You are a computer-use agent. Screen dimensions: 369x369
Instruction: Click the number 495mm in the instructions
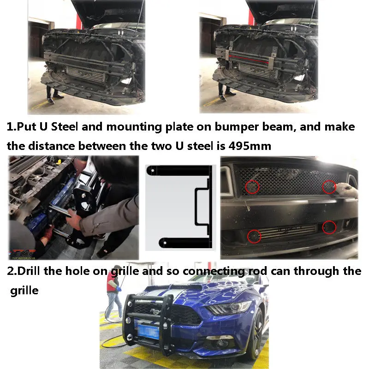pos(250,146)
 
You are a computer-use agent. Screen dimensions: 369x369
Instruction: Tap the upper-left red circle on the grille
pos(252,187)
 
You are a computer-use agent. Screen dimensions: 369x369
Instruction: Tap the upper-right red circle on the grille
pos(329,187)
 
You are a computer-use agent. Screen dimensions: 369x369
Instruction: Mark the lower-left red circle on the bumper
pos(254,236)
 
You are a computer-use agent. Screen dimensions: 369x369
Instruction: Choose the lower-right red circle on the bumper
pos(329,227)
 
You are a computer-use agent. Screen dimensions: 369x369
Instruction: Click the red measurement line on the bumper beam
pos(249,59)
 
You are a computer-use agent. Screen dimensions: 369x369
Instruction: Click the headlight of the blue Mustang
pos(228,307)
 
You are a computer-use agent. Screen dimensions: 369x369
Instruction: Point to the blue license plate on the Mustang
pos(148,331)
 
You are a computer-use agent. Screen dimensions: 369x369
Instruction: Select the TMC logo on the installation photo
pos(23,254)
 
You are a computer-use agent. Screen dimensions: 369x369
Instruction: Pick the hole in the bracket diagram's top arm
pos(153,170)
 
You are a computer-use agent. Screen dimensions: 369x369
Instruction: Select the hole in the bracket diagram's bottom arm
pos(165,243)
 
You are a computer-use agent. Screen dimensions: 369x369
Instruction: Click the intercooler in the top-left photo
pos(85,73)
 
